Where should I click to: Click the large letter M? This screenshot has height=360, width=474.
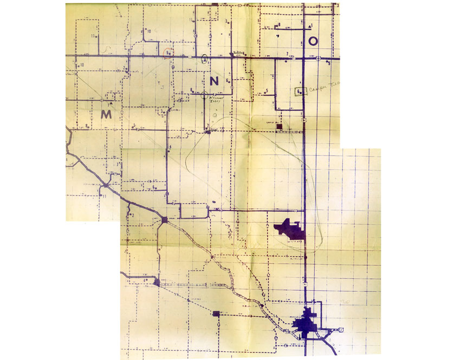(x=106, y=114)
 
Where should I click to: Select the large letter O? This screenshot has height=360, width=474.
(x=314, y=41)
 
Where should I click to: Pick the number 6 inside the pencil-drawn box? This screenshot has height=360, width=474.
(x=299, y=92)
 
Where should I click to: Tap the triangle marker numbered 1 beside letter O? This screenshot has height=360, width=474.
(x=309, y=27)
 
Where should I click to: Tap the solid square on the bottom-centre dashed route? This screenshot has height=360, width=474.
(x=217, y=313)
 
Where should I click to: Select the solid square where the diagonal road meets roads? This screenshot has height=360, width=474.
(x=164, y=220)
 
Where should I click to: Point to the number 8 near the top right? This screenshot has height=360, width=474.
(x=278, y=25)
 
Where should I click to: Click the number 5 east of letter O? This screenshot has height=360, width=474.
(x=328, y=64)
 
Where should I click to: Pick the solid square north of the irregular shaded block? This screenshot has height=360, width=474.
(x=280, y=127)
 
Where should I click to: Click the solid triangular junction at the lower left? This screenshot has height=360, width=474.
(x=156, y=282)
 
